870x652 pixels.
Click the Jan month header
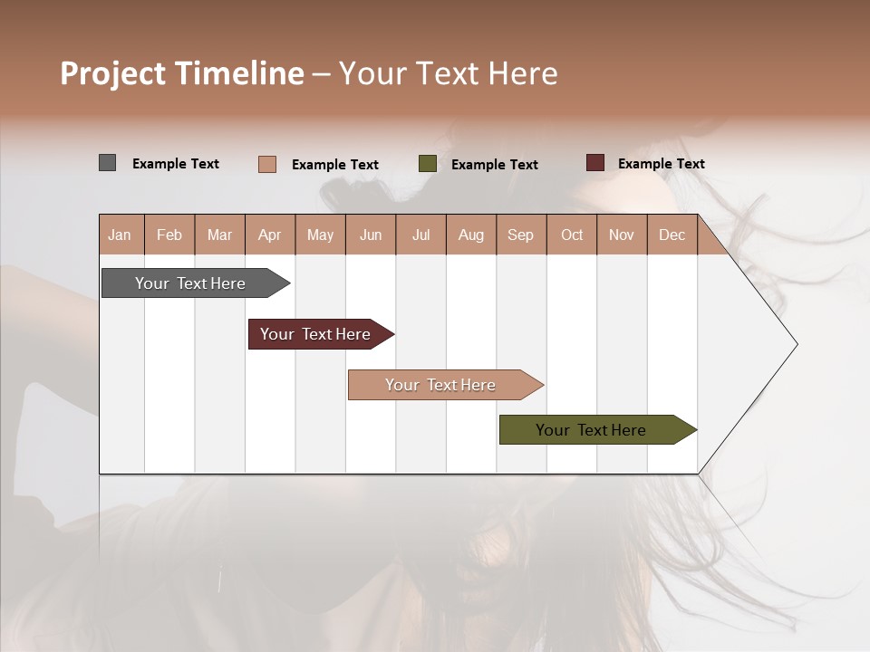pos(121,235)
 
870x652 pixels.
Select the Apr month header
pos(270,235)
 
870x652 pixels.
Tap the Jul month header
pos(421,235)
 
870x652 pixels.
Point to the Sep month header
pos(521,235)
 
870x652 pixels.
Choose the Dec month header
pos(672,235)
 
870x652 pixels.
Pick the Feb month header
pos(169,235)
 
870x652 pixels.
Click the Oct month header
pos(572,235)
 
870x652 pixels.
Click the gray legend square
pos(107,163)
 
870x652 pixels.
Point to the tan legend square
pos(266,164)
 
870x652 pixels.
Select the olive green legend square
pos(428,164)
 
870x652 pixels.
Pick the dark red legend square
pos(594,163)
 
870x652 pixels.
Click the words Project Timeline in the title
pos(182,73)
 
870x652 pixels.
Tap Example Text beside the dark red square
pos(662,164)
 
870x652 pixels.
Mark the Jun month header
pos(371,235)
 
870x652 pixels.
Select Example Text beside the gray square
pos(176,164)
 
